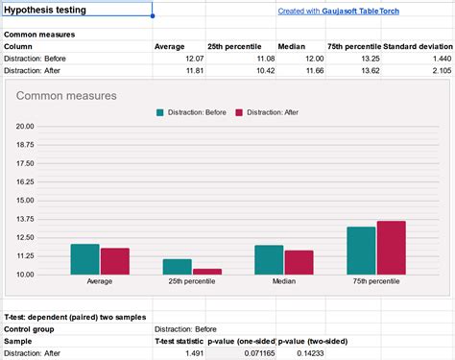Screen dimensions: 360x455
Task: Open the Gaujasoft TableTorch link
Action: click(338, 12)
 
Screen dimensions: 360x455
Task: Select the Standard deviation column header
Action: click(417, 46)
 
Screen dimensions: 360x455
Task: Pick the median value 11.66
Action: click(314, 71)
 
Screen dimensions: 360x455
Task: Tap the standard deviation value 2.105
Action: click(437, 71)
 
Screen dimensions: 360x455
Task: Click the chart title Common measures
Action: click(66, 96)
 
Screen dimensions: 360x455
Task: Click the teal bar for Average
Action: click(84, 259)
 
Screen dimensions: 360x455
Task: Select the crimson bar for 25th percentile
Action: click(207, 272)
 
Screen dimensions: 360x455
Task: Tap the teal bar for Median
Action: click(269, 260)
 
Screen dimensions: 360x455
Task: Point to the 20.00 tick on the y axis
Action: click(25, 126)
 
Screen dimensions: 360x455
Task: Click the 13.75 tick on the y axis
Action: click(25, 219)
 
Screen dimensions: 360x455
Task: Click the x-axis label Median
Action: click(283, 281)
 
